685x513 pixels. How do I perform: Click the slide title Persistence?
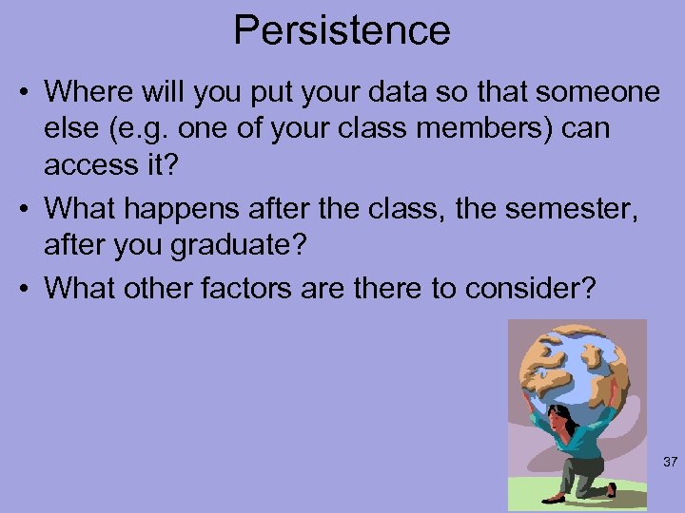[342, 30]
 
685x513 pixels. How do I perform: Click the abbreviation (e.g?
[134, 129]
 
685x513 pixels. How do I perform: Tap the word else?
[72, 129]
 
